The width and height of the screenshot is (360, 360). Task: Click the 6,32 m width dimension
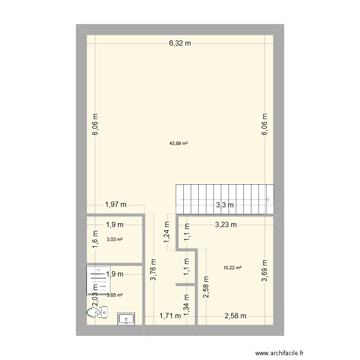pyautogui.click(x=180, y=43)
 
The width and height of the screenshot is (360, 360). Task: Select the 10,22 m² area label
pyautogui.click(x=232, y=268)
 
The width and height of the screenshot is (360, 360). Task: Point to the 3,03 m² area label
pyautogui.click(x=114, y=240)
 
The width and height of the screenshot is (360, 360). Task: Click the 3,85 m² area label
pyautogui.click(x=114, y=295)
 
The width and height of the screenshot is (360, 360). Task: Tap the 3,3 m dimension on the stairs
pyautogui.click(x=225, y=205)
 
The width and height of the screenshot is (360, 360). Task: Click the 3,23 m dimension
pyautogui.click(x=225, y=224)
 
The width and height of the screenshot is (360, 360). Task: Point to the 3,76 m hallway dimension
pyautogui.click(x=154, y=270)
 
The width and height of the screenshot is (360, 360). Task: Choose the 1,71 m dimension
pyautogui.click(x=170, y=315)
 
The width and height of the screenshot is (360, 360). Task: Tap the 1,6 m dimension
pyautogui.click(x=95, y=239)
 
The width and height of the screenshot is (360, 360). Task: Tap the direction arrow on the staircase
pyautogui.click(x=268, y=199)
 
